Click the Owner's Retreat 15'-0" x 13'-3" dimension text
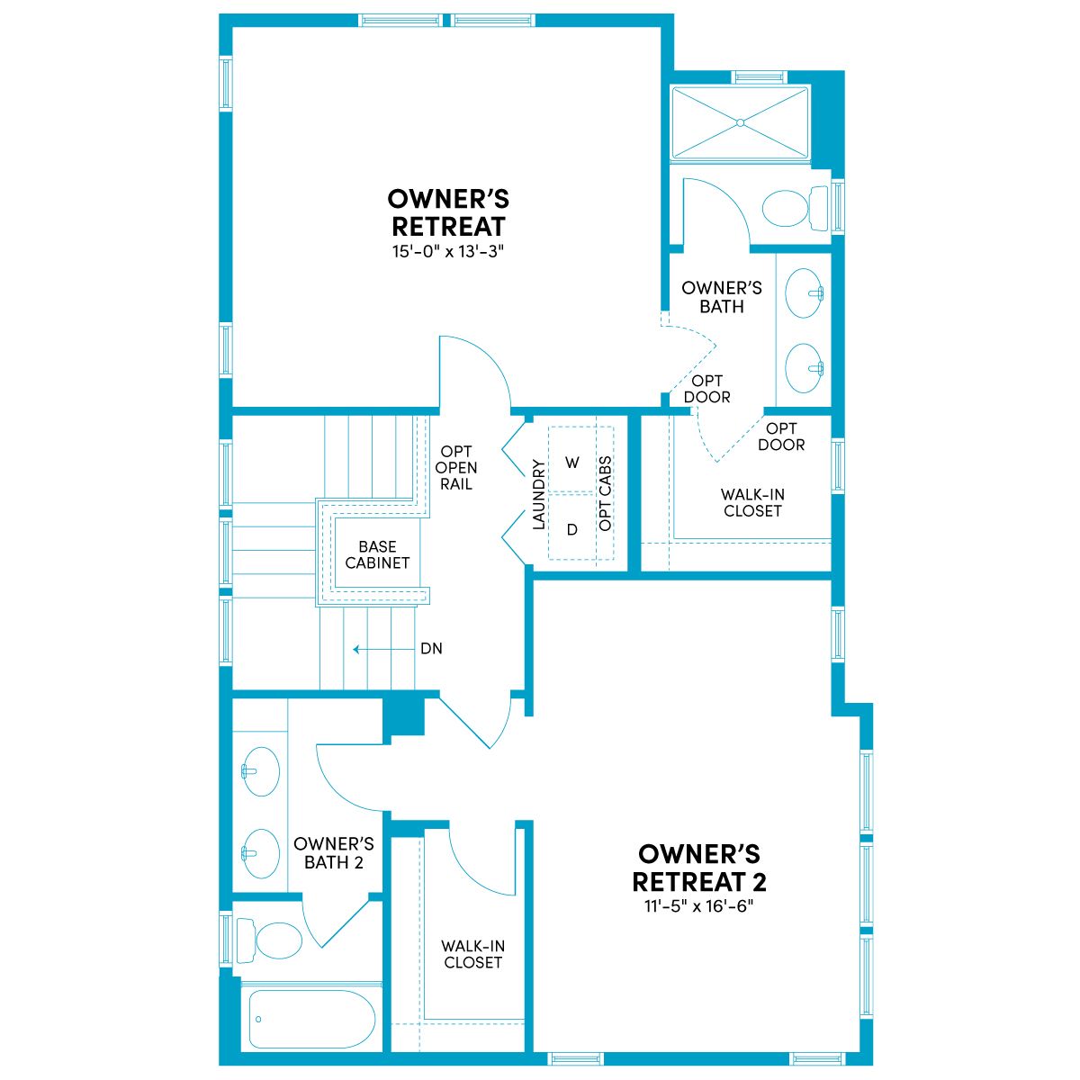[448, 252]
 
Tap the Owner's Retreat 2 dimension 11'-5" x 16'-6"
[699, 905]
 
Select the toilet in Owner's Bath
[796, 207]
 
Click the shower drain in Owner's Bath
[740, 122]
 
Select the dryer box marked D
[571, 527]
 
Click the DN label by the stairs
[431, 648]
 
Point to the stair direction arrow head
[355, 649]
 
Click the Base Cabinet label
[377, 554]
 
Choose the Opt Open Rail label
[455, 467]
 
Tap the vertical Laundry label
[538, 494]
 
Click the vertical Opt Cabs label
[605, 494]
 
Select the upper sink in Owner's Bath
[805, 292]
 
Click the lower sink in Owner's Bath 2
[260, 853]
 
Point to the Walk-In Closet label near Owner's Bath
[752, 502]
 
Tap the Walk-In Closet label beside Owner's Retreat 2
[472, 954]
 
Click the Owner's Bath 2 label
[334, 853]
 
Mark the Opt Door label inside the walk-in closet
[780, 436]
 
